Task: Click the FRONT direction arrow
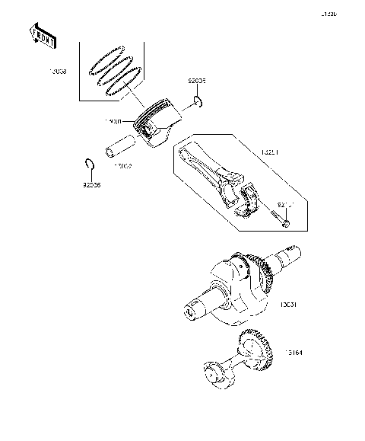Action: tap(43, 34)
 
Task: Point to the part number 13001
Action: tap(115, 120)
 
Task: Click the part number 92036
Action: tap(91, 184)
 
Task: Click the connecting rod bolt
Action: tap(278, 216)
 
